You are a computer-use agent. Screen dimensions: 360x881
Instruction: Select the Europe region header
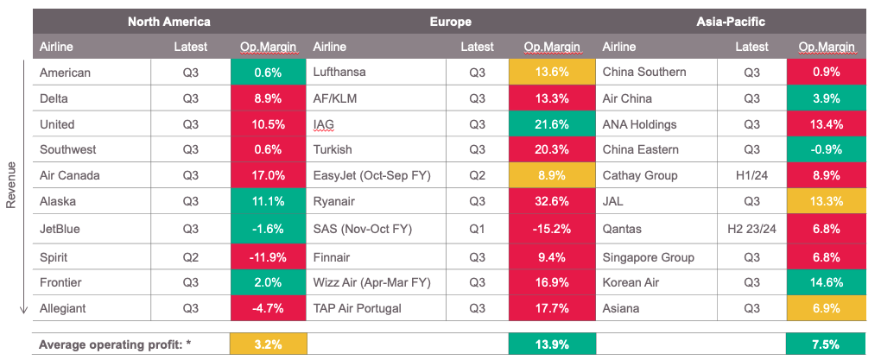450,22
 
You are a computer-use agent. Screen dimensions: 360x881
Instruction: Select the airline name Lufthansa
343,73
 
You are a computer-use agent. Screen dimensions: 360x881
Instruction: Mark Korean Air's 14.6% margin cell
827,282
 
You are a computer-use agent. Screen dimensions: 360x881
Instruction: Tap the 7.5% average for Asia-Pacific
827,344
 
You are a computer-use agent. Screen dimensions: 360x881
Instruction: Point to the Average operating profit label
115,344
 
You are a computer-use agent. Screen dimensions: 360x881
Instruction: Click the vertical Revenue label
12,184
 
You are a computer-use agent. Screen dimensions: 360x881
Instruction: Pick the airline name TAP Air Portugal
361,308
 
